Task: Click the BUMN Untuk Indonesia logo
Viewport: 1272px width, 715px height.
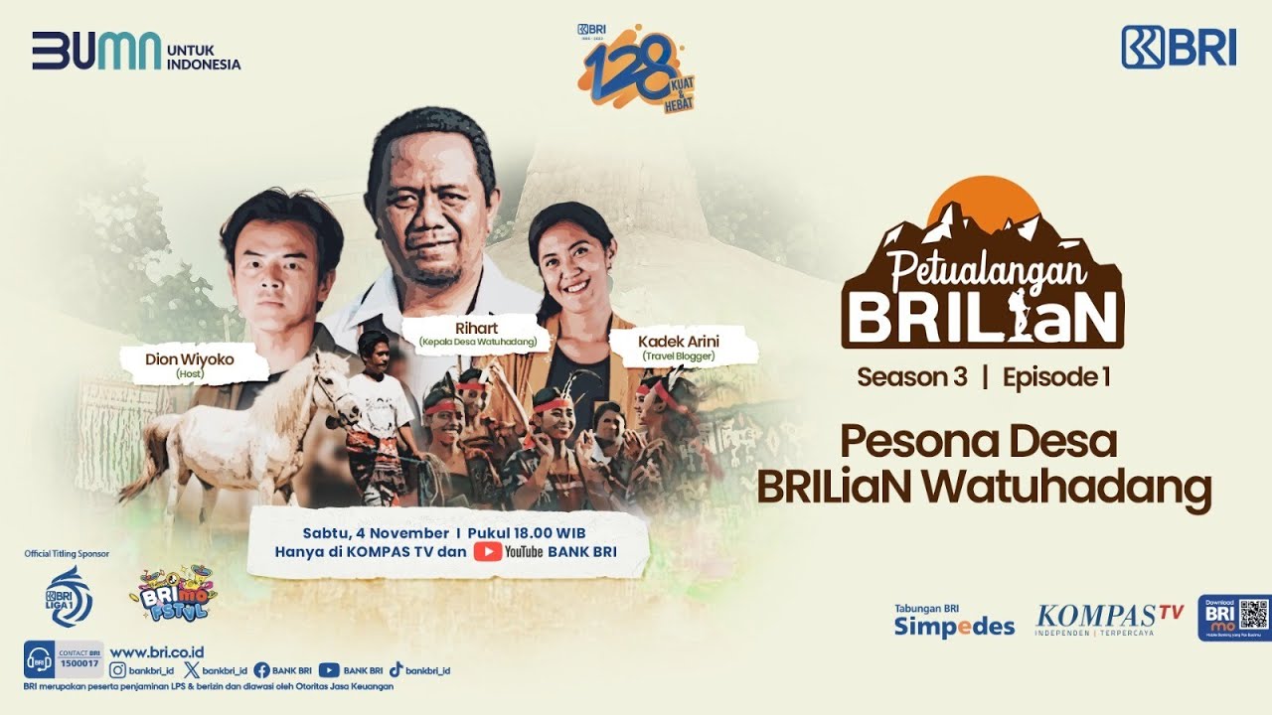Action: [x=136, y=51]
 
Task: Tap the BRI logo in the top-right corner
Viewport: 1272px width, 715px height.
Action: [x=1179, y=47]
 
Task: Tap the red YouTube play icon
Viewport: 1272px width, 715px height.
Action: [x=487, y=552]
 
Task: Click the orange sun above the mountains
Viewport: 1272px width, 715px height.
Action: [x=983, y=199]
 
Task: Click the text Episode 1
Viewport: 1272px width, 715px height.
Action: [x=1055, y=377]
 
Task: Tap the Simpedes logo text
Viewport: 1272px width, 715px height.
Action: [x=954, y=627]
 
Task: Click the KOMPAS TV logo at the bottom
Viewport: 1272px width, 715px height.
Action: [x=1109, y=620]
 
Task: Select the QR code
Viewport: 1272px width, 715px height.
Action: [x=1254, y=617]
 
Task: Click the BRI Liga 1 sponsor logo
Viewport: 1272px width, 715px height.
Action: [x=69, y=596]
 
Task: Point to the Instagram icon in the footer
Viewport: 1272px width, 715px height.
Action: [x=117, y=670]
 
